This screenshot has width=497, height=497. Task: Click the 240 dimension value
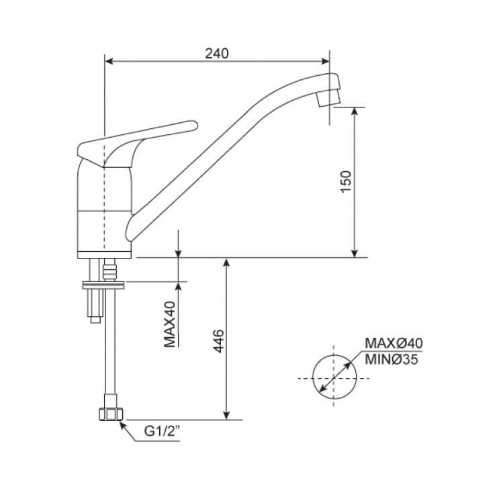216,54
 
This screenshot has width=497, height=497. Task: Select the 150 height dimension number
346,181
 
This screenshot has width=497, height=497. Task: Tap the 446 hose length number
218,341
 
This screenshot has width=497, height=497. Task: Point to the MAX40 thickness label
170,324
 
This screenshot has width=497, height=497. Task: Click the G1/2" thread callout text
162,431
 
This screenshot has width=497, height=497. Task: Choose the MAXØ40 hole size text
394,343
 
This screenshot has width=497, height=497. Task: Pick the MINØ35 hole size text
391,359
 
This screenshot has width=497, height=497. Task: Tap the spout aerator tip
328,98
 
